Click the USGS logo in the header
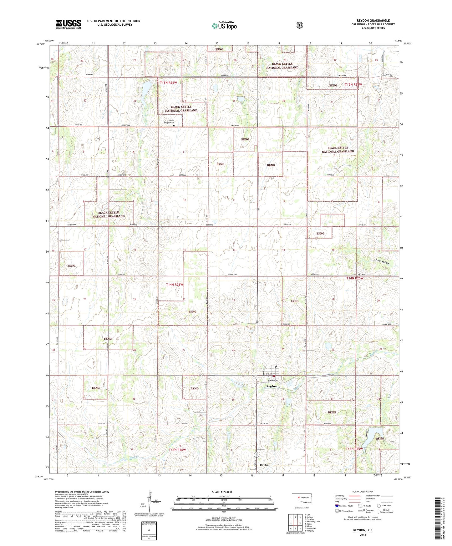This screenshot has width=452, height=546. pos(68,24)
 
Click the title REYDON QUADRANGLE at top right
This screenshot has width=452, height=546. pos(373,21)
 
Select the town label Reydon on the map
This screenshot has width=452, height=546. pos(271,386)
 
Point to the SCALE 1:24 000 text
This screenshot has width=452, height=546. pos(222,492)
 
